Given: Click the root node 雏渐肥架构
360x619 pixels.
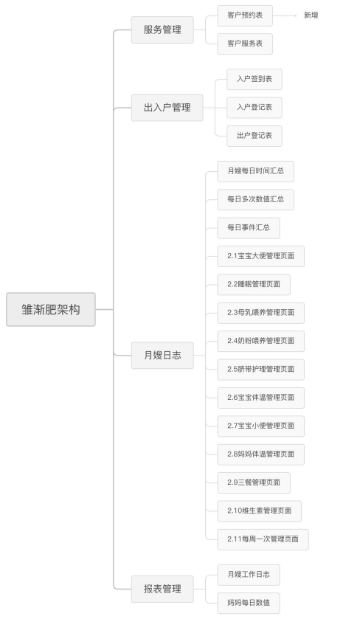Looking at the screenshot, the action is point(50,310).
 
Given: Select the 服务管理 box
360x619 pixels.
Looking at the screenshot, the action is point(162,30).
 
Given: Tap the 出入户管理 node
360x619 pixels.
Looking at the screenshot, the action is point(167,108).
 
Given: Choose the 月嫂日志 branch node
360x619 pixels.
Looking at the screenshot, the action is point(162,356).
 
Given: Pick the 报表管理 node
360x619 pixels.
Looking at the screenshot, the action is point(162,589).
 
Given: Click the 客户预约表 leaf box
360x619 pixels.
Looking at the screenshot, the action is point(245,15).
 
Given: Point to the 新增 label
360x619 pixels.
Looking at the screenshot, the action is point(311,15).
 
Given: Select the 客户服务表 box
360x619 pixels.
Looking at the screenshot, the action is point(245,44).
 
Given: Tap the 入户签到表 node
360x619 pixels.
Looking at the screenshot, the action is point(255,79).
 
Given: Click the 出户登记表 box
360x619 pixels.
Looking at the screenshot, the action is point(255,136).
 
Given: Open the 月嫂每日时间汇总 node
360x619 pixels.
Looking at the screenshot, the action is point(255,171).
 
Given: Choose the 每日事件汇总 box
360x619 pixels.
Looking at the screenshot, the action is point(249,228).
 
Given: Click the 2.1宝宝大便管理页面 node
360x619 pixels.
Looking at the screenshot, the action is point(260,256).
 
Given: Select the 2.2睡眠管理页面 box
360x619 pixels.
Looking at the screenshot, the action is point(254,285).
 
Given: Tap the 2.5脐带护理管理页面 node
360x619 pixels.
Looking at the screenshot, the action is point(260,370).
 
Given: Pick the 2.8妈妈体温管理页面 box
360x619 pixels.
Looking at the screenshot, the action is point(260,454).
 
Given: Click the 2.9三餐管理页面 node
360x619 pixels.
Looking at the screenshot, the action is point(254,483).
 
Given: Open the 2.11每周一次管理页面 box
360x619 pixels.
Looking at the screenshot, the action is point(263,539).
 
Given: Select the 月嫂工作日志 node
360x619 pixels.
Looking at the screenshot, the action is point(249,575).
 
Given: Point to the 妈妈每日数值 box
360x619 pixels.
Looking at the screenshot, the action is point(249,604).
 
